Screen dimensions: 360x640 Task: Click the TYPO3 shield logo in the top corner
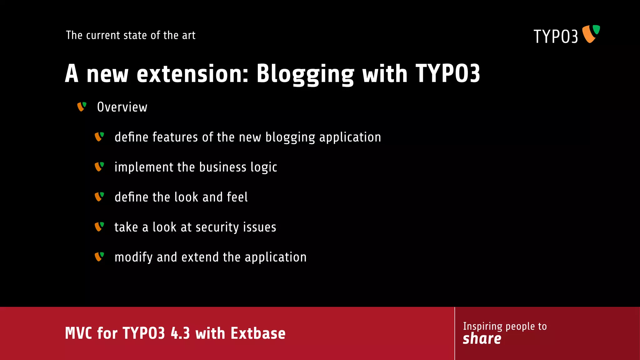point(591,34)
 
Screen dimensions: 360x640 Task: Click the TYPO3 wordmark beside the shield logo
point(556,37)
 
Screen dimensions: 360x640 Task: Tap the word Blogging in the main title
point(305,74)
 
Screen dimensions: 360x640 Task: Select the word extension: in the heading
point(192,74)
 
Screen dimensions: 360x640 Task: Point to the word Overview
point(122,107)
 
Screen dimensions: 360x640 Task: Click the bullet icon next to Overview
point(82,107)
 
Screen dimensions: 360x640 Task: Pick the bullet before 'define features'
point(99,137)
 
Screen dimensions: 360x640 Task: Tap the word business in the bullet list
point(222,167)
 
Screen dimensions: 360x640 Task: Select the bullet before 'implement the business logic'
point(99,167)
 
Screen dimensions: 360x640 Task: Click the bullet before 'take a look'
point(99,227)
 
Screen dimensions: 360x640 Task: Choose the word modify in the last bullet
point(133,257)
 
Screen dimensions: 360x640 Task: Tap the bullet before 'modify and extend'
point(99,257)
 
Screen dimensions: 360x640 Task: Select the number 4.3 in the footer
point(180,333)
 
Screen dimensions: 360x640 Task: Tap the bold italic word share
point(482,339)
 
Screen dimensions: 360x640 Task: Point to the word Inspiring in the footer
point(482,327)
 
